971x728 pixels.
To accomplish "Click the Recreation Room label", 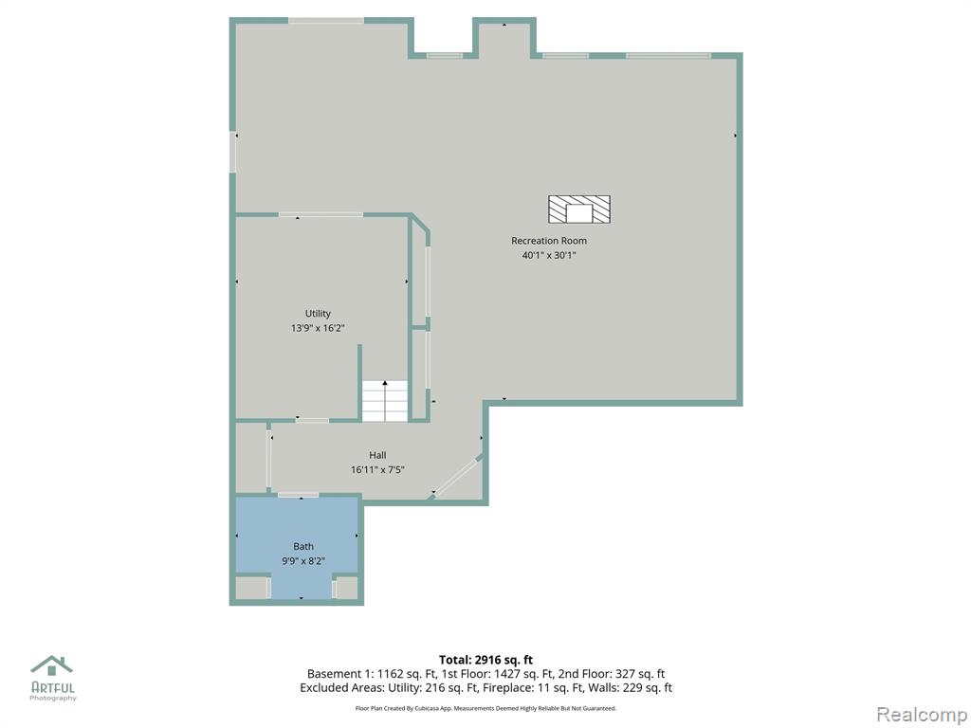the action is (549, 241).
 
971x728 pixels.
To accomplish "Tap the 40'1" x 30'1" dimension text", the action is (549, 255).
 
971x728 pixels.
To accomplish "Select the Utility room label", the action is (318, 314).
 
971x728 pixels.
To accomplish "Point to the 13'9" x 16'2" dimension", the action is (318, 328).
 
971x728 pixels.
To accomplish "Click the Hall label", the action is (377, 455).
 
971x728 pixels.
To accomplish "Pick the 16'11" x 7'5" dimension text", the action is (377, 470).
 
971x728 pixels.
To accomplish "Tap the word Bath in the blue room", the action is (303, 547).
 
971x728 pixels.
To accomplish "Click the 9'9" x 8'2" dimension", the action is (303, 561).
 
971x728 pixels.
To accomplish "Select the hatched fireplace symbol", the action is (579, 209).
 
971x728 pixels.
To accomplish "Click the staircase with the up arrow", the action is (385, 401).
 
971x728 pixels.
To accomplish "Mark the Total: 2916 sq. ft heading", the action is (485, 660).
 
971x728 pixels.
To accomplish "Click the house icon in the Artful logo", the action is (52, 666).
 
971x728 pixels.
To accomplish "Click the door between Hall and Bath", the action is (298, 495).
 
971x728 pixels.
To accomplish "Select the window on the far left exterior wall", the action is (233, 152).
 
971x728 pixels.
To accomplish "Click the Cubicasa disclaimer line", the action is (485, 708).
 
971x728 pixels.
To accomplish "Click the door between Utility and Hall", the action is (312, 420).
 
